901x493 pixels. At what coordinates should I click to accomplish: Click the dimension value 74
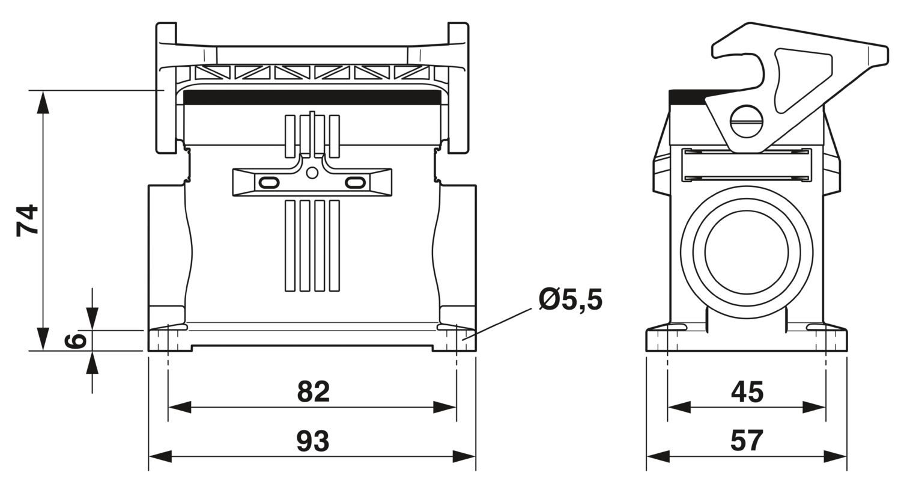(x=28, y=221)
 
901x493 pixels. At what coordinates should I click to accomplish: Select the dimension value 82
(x=314, y=391)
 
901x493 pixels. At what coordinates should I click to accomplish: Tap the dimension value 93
(x=313, y=441)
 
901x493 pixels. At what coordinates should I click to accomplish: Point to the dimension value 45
(x=747, y=392)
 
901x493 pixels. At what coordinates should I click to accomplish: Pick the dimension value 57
(x=747, y=441)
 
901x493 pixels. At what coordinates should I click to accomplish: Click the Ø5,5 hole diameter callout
(x=571, y=299)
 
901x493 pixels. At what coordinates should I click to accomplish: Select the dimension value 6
(x=75, y=340)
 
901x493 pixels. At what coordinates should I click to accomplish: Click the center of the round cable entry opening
(x=747, y=251)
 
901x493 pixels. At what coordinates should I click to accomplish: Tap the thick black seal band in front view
(x=312, y=97)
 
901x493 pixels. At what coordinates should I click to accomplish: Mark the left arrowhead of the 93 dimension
(x=160, y=457)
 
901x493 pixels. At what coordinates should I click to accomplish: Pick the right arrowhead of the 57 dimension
(x=836, y=457)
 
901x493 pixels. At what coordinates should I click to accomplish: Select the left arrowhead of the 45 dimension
(x=679, y=407)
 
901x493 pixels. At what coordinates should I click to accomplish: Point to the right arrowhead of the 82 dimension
(x=445, y=407)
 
